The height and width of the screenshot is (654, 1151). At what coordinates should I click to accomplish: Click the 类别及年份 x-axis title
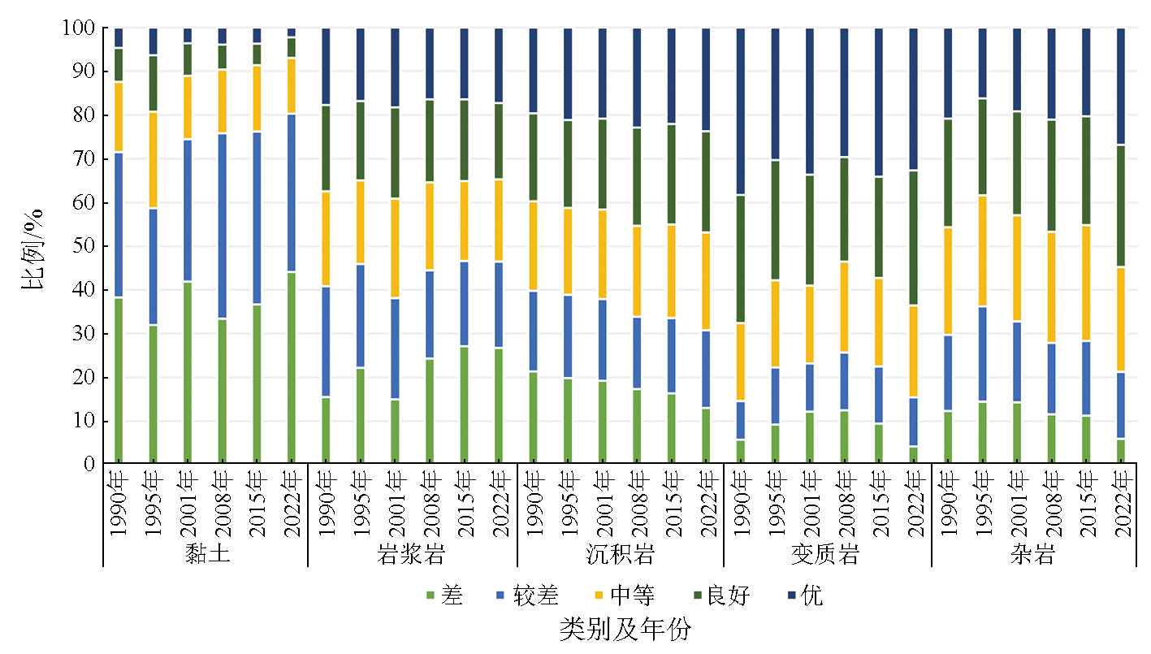click(x=625, y=630)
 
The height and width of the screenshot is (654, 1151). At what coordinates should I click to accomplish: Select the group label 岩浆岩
click(x=412, y=555)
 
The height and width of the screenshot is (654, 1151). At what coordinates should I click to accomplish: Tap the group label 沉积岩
click(x=621, y=555)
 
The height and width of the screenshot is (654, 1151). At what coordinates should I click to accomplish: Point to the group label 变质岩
click(x=827, y=555)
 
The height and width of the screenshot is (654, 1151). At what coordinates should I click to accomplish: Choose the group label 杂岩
click(x=1033, y=555)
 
